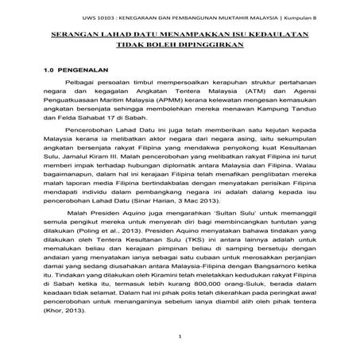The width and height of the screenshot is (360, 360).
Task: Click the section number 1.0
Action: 50,71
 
